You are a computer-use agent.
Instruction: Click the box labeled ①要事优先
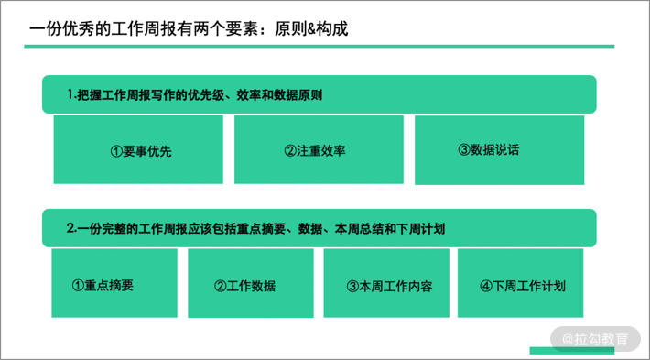(x=138, y=149)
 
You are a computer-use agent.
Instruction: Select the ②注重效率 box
(x=319, y=149)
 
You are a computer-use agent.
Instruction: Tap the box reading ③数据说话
(x=500, y=149)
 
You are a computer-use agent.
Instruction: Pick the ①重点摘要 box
(x=114, y=283)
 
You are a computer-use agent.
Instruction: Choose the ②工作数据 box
(x=251, y=283)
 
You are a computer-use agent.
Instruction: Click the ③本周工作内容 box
(x=386, y=283)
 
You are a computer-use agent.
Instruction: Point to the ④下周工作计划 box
(x=520, y=283)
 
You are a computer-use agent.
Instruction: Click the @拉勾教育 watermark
(x=595, y=339)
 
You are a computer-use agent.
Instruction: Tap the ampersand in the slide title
(x=311, y=29)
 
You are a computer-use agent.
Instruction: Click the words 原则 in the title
(x=290, y=29)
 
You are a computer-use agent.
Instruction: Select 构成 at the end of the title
(x=332, y=29)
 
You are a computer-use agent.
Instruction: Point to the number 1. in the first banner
(x=72, y=95)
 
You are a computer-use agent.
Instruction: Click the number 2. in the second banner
(x=72, y=228)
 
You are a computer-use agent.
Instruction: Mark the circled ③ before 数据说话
(x=464, y=149)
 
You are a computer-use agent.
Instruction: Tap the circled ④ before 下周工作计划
(x=486, y=286)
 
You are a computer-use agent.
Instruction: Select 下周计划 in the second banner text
(x=420, y=228)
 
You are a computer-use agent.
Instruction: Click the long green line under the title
(x=320, y=46)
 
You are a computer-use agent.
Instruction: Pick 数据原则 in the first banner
(x=298, y=95)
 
